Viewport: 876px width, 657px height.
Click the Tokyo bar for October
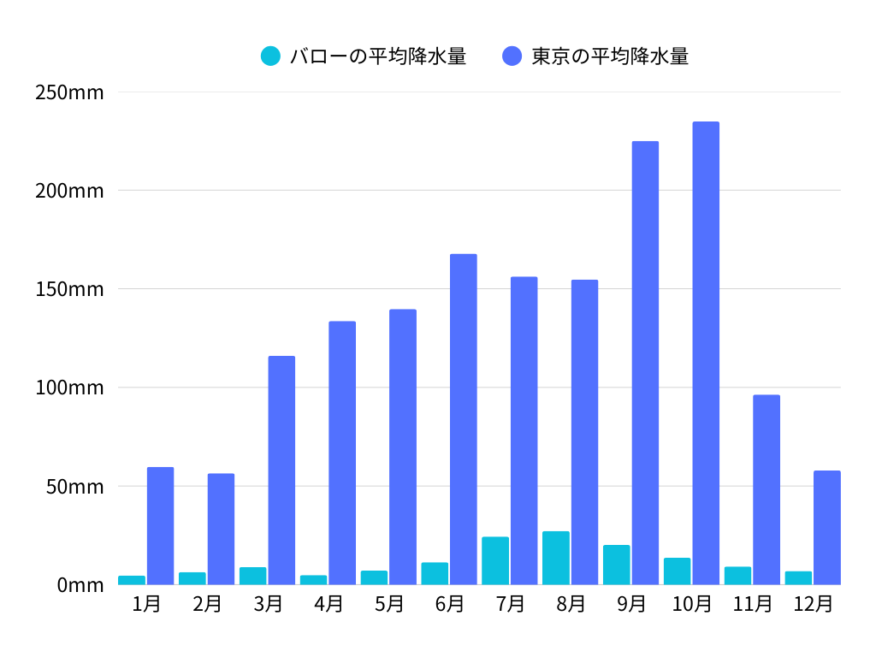pyautogui.click(x=706, y=353)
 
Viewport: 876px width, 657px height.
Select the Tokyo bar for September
pyautogui.click(x=645, y=363)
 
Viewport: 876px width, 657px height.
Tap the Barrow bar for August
pyautogui.click(x=555, y=559)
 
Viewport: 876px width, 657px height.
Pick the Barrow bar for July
pyautogui.click(x=495, y=561)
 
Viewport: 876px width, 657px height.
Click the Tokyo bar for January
pyautogui.click(x=160, y=526)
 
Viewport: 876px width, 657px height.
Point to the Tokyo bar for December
pyautogui.click(x=826, y=528)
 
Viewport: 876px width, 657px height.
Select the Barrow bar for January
pyautogui.click(x=132, y=581)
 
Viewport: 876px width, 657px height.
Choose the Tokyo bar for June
pyautogui.click(x=464, y=419)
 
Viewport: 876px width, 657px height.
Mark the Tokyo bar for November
pyautogui.click(x=766, y=489)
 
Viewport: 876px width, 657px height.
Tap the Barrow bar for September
pyautogui.click(x=616, y=565)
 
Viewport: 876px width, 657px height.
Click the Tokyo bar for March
pyautogui.click(x=281, y=471)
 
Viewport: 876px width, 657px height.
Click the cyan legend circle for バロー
pyautogui.click(x=270, y=56)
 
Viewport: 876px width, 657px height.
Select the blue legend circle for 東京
pyautogui.click(x=512, y=56)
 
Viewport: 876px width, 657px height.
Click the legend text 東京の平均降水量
pyautogui.click(x=609, y=56)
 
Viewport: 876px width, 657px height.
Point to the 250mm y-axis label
pyautogui.click(x=69, y=92)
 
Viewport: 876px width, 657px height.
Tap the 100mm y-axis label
pyautogui.click(x=69, y=388)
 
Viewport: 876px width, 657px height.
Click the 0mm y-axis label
pyautogui.click(x=80, y=585)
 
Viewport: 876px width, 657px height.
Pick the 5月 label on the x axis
pyautogui.click(x=389, y=604)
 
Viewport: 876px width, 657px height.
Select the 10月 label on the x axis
pyautogui.click(x=692, y=604)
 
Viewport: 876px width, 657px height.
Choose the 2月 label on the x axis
pyautogui.click(x=208, y=604)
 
